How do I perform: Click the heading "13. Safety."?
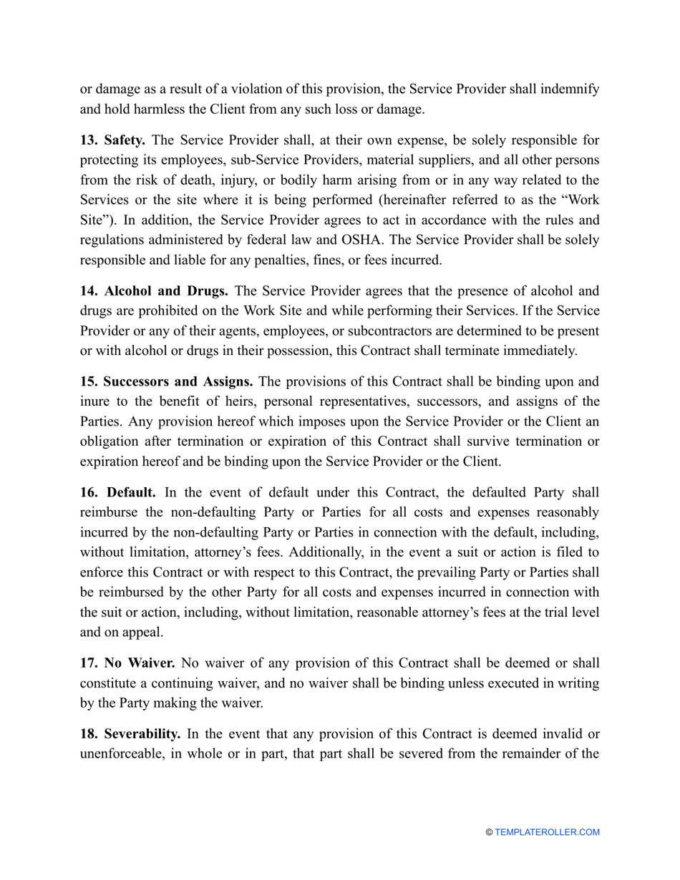pyautogui.click(x=112, y=140)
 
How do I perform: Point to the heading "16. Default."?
pyautogui.click(x=118, y=492)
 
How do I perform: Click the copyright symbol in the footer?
pyautogui.click(x=489, y=832)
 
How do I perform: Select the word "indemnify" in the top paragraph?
pyautogui.click(x=570, y=89)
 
